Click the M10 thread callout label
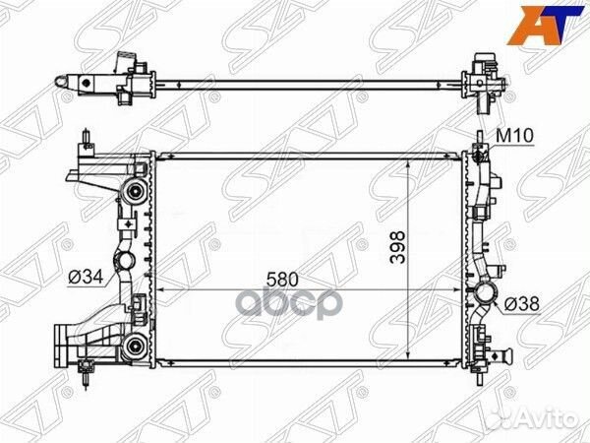point(514,136)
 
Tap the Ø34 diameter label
point(86,278)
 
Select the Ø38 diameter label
point(521,304)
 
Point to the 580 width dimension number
point(282,280)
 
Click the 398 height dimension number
point(397,247)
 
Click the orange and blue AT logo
point(545,24)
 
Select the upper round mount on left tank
point(134,191)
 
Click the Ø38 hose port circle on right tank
point(486,294)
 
